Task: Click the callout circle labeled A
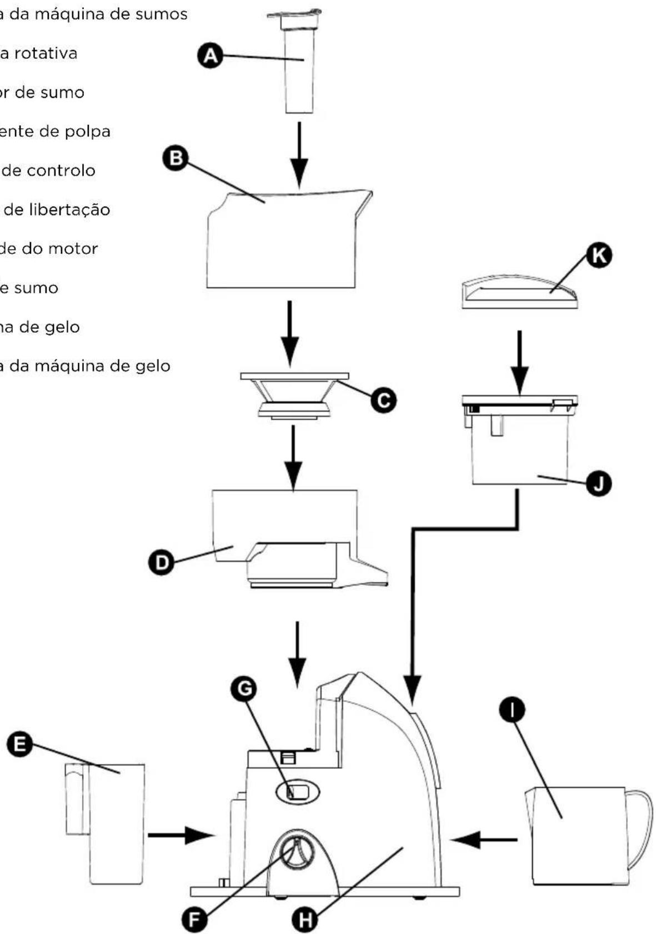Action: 210,56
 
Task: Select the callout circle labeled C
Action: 383,399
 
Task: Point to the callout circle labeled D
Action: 162,562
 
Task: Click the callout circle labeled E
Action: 20,743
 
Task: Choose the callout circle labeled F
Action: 194,920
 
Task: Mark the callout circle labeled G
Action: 243,689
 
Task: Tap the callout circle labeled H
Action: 305,920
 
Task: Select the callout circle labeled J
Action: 598,483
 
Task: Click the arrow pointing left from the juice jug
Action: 483,840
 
